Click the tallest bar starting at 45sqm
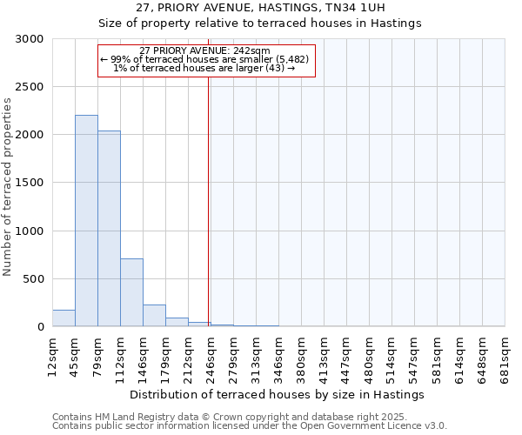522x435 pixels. [x=86, y=221]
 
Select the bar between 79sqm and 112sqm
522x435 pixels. [x=109, y=229]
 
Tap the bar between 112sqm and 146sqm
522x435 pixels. [x=131, y=292]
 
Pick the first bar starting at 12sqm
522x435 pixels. [x=64, y=318]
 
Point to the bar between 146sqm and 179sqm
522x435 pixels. [x=154, y=316]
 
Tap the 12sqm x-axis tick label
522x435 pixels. [x=52, y=357]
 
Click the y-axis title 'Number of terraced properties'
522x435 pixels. [x=9, y=187]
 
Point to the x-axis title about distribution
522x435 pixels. [x=278, y=394]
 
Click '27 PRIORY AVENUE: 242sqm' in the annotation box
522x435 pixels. [x=204, y=50]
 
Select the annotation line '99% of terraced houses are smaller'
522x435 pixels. [x=204, y=59]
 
